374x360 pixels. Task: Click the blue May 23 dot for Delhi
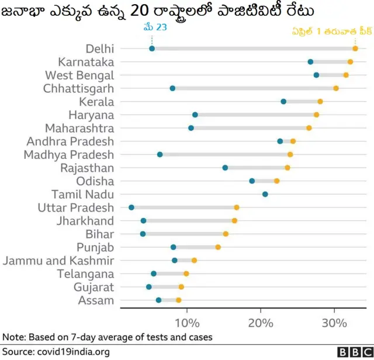click(152, 49)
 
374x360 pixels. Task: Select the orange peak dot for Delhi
click(355, 49)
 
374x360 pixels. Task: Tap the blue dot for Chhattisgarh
click(172, 88)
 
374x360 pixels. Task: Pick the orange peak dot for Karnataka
click(350, 62)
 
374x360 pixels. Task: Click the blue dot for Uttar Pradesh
click(131, 207)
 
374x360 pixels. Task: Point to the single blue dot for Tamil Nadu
click(265, 194)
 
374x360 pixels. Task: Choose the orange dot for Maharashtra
click(309, 128)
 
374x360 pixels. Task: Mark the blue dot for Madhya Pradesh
click(160, 155)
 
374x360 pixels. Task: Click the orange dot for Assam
click(179, 300)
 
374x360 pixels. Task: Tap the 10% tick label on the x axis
click(186, 323)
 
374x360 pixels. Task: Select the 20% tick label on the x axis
click(261, 323)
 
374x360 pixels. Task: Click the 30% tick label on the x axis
click(334, 323)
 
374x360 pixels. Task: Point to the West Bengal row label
click(79, 75)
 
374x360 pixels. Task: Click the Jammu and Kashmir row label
click(58, 261)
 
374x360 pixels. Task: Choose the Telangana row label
click(85, 274)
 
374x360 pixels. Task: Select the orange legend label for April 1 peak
click(333, 33)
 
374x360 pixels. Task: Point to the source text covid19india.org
click(72, 352)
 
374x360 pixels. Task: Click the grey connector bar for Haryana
click(255, 115)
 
